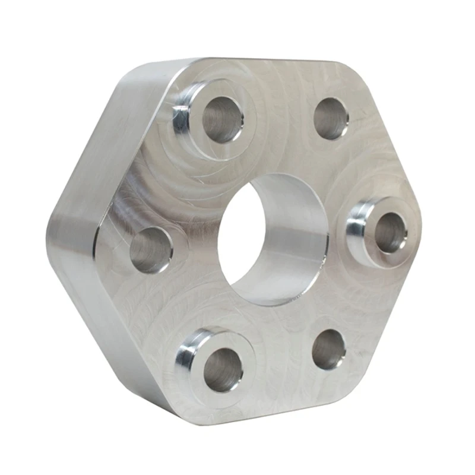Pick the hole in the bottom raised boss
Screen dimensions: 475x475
point(223,369)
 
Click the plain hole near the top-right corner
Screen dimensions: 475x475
point(331,118)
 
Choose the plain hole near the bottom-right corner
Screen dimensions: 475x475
point(328,349)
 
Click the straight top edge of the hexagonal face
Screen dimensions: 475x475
point(279,60)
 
